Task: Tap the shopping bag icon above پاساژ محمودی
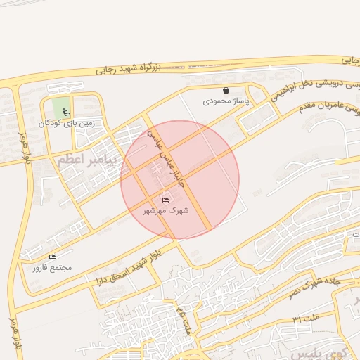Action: point(226,91)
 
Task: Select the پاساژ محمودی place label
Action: point(226,101)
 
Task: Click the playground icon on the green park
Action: point(66,112)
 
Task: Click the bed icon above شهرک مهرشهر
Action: point(166,200)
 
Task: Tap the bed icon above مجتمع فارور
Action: point(53,257)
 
